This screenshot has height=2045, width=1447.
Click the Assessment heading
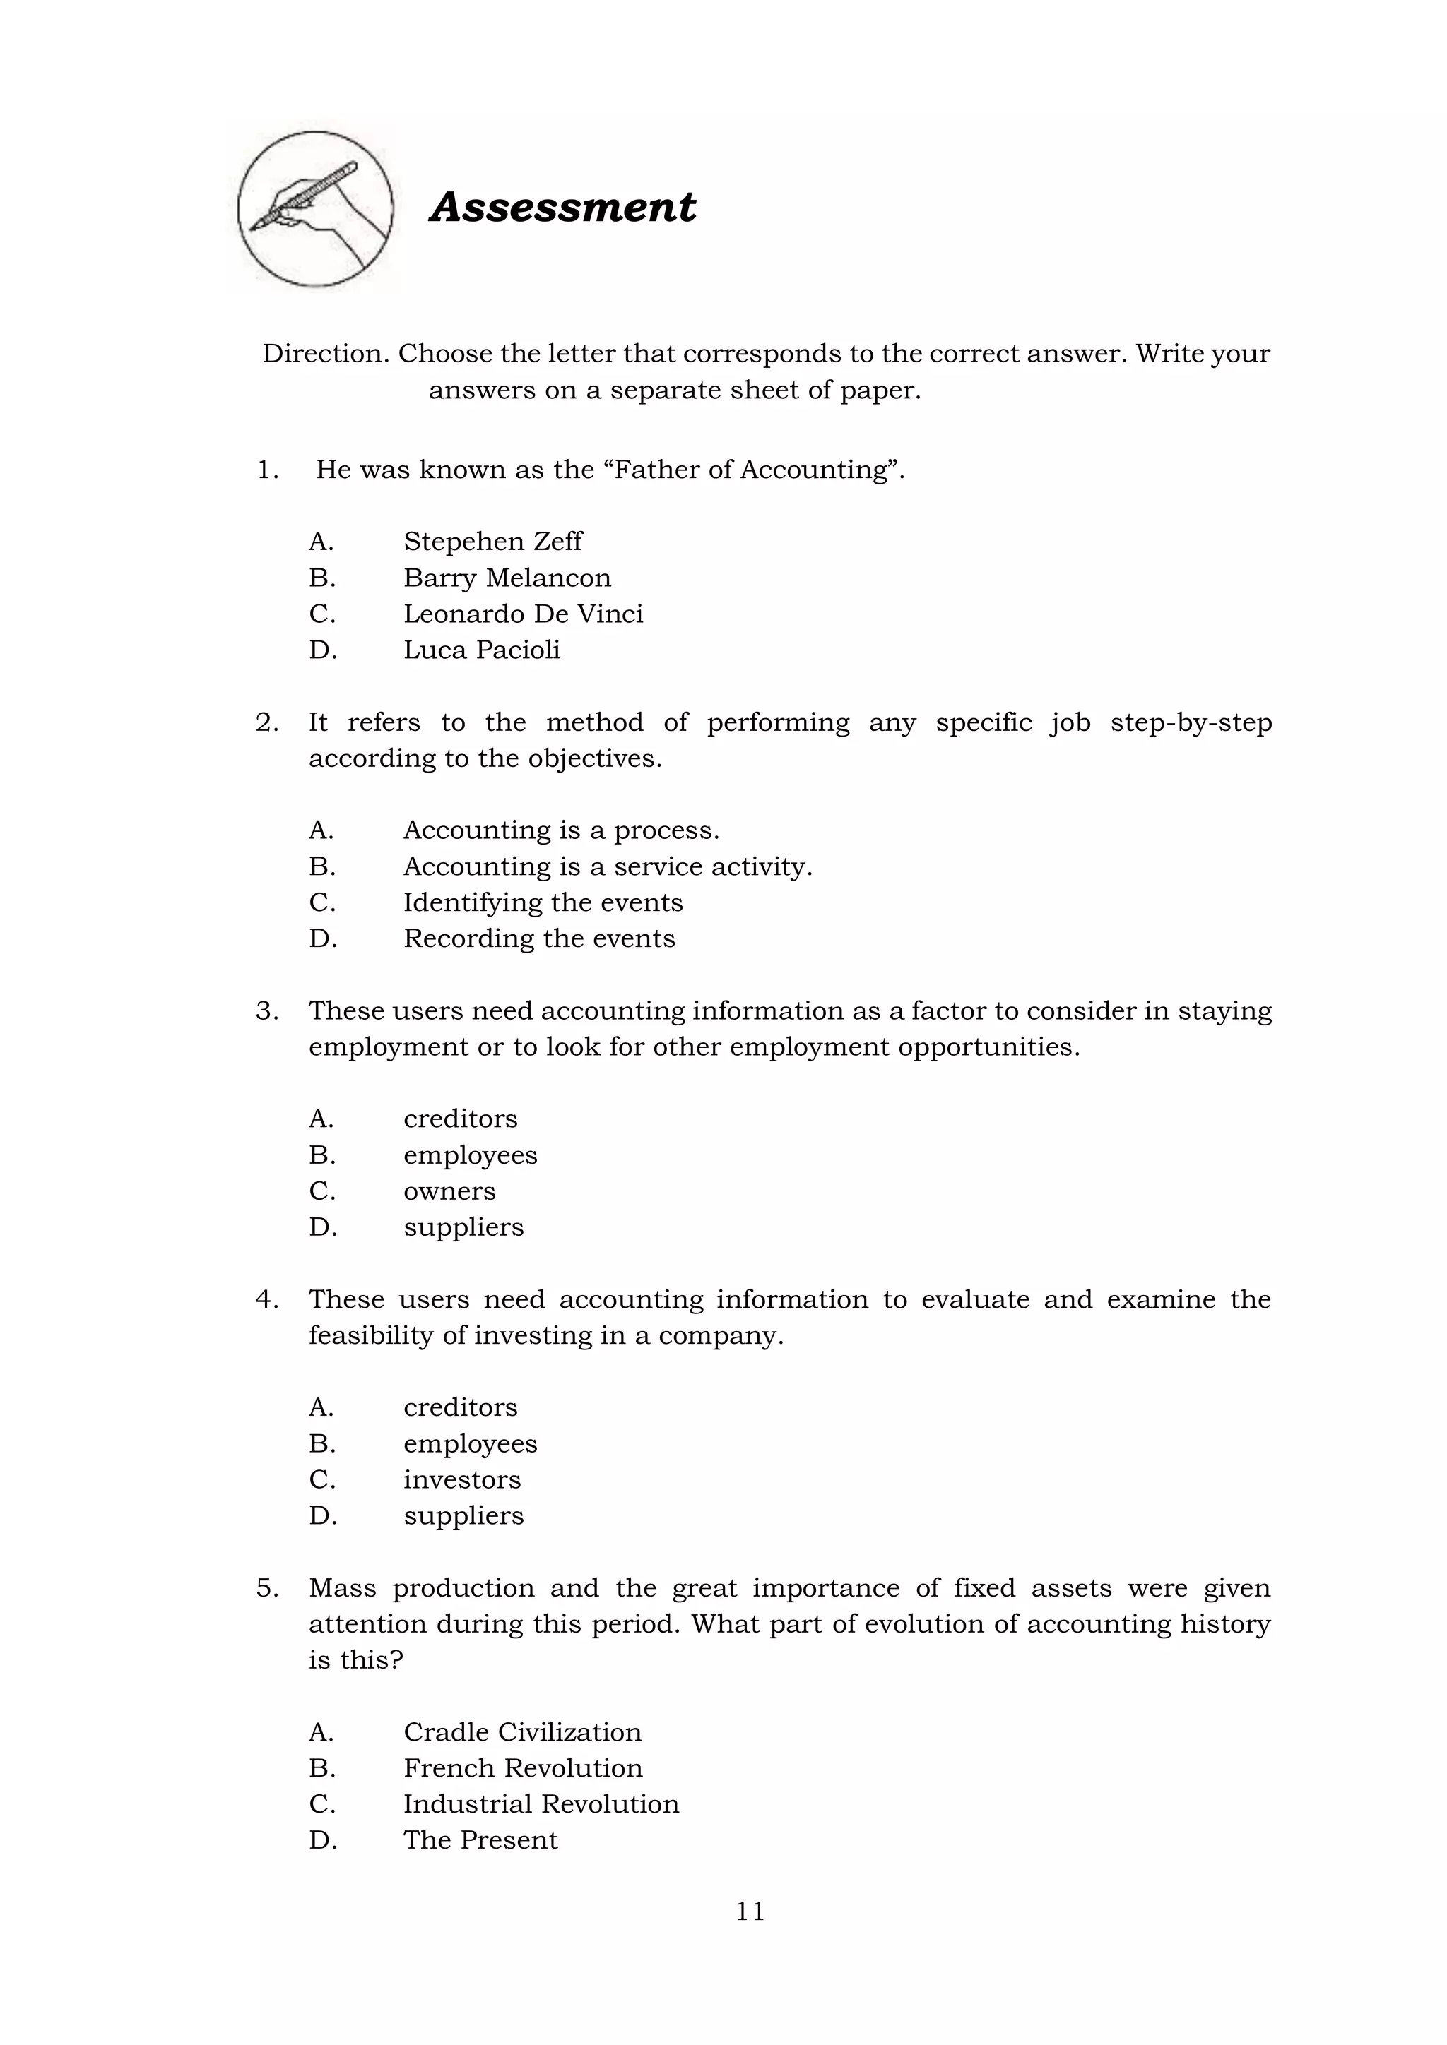pos(562,208)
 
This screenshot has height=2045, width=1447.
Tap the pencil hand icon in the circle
pos(314,209)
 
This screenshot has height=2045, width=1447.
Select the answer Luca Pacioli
pos(481,650)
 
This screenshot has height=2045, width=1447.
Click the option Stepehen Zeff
pos(492,542)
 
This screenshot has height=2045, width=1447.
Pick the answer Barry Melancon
pos(507,578)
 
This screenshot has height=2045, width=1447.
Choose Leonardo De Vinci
pos(523,614)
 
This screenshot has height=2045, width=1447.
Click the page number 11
pos(750,1912)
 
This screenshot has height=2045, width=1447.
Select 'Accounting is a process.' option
pos(560,830)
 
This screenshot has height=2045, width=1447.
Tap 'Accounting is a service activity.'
pos(608,866)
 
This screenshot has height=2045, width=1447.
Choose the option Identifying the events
pos(543,902)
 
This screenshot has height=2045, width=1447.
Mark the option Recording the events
pos(539,938)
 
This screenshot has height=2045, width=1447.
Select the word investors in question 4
pos(461,1479)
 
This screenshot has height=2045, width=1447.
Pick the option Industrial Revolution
pos(541,1803)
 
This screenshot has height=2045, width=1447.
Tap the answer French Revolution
pos(522,1768)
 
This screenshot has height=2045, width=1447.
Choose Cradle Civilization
pos(522,1731)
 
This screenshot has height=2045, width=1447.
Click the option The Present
pos(480,1840)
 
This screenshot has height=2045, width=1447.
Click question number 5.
pos(266,1588)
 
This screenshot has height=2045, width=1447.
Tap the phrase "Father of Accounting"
pos(753,470)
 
